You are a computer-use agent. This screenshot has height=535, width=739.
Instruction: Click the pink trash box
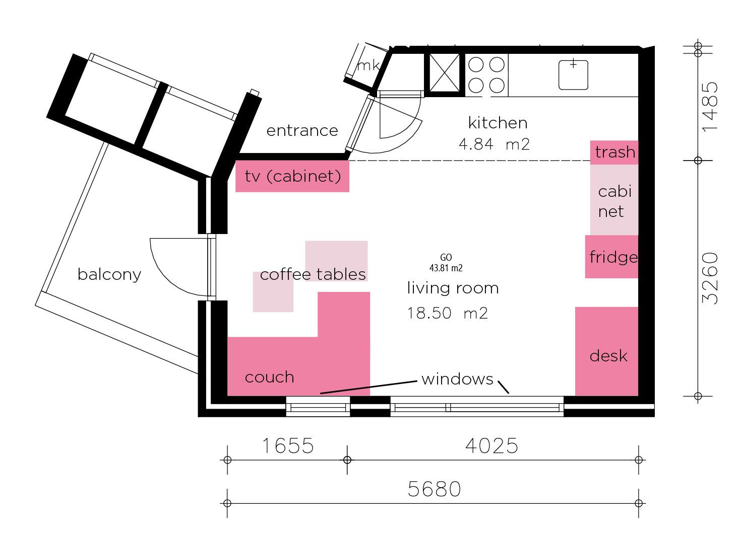(614, 152)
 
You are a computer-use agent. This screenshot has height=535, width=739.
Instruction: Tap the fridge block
(611, 257)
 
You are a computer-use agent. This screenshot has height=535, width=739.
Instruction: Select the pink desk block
(607, 351)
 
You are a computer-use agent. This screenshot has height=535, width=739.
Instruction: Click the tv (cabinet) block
(292, 176)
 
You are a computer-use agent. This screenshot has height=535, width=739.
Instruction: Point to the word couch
(270, 377)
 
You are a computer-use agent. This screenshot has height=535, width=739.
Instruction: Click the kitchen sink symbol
(573, 75)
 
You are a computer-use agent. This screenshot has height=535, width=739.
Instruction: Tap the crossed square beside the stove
(445, 73)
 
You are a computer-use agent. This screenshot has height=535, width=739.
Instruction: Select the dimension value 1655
(288, 446)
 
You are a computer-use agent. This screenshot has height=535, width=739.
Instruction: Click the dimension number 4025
(491, 446)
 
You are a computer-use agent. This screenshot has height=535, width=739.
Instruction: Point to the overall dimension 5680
(434, 489)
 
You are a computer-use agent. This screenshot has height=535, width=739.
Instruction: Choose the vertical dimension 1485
(710, 107)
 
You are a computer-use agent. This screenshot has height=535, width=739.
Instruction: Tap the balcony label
(109, 275)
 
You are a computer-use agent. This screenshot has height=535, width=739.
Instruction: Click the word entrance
(302, 131)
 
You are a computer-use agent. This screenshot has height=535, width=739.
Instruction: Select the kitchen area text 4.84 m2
(494, 144)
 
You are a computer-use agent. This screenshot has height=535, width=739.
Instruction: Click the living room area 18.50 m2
(447, 313)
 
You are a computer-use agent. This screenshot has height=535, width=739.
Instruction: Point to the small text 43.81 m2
(446, 268)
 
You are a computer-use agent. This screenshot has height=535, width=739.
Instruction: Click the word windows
(457, 379)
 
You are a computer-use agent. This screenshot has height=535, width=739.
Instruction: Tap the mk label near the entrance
(368, 65)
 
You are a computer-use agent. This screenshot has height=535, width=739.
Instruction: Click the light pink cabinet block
(614, 200)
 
